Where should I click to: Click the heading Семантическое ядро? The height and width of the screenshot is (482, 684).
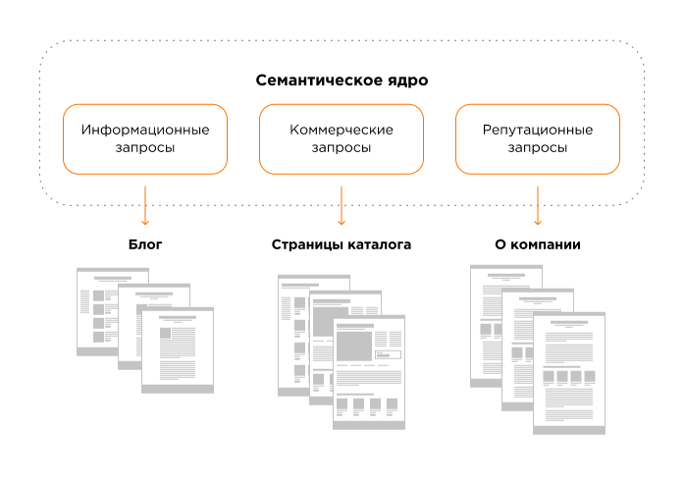(x=342, y=80)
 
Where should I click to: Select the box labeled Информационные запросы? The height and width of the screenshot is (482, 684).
(x=145, y=138)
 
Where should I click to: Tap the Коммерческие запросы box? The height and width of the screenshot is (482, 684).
(x=342, y=138)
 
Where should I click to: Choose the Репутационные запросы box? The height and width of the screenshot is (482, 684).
(x=538, y=138)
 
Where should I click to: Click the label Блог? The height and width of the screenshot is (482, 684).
(x=145, y=243)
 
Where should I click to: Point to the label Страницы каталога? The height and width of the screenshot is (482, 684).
(x=342, y=243)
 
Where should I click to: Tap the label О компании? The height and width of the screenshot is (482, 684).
(x=538, y=243)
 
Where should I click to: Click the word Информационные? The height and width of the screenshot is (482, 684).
(x=145, y=130)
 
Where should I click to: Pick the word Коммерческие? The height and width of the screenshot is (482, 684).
(x=342, y=130)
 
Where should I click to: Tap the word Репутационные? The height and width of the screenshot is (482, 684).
(x=538, y=130)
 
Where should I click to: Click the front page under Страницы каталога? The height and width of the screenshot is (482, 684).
(x=369, y=373)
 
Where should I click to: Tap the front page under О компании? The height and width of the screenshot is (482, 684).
(x=569, y=373)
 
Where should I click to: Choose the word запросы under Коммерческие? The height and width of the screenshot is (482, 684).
(x=342, y=148)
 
